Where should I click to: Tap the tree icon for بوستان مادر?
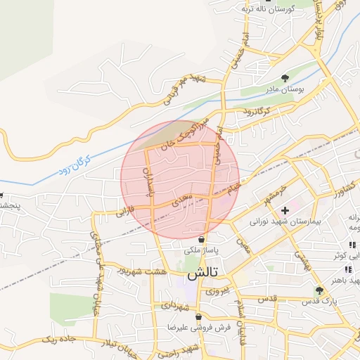285,78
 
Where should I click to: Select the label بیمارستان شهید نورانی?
285,221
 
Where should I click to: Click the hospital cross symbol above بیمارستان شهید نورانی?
285,210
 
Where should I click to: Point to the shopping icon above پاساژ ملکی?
202,239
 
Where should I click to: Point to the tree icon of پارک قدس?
320,290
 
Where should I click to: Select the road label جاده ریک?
59,339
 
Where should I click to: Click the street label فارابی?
125,210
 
